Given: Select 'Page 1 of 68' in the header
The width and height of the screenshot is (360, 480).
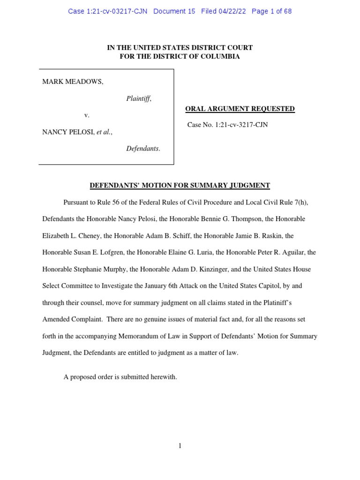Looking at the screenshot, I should click(x=271, y=11).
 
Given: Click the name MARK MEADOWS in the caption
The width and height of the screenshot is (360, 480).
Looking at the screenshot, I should click(x=73, y=82).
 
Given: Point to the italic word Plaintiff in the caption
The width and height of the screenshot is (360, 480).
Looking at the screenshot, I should click(x=138, y=98).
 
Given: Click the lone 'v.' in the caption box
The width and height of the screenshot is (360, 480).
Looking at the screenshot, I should click(x=87, y=115).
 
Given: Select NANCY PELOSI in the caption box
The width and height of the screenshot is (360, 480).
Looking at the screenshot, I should click(x=68, y=132).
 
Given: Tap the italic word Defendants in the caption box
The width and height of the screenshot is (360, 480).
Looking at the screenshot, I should click(x=142, y=149).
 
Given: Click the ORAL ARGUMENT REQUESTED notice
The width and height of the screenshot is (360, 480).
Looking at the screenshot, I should click(x=240, y=109).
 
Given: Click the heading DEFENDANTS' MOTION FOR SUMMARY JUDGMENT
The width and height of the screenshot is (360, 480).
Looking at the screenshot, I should click(x=180, y=186).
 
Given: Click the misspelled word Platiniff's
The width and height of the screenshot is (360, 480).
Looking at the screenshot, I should click(x=289, y=302).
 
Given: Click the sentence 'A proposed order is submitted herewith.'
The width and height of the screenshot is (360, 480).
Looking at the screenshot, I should click(x=120, y=376).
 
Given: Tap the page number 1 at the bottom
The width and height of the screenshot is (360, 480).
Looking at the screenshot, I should click(x=180, y=446).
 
